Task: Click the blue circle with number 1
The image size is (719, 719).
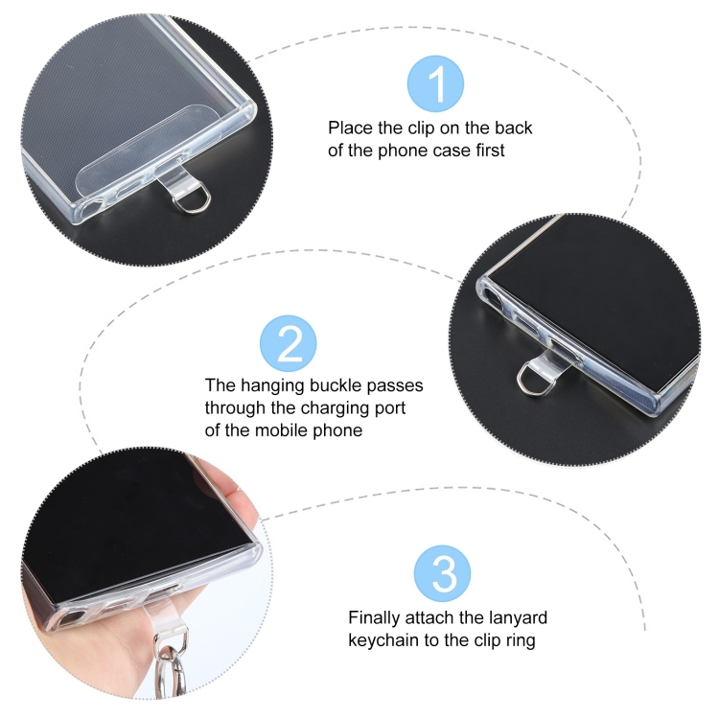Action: point(435,83)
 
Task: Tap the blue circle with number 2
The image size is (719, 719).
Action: point(288,343)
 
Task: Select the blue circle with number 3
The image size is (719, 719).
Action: point(442,573)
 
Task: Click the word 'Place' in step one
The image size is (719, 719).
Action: point(351,128)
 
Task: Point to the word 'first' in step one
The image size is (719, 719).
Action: point(490,151)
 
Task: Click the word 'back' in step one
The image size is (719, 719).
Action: point(513,128)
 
